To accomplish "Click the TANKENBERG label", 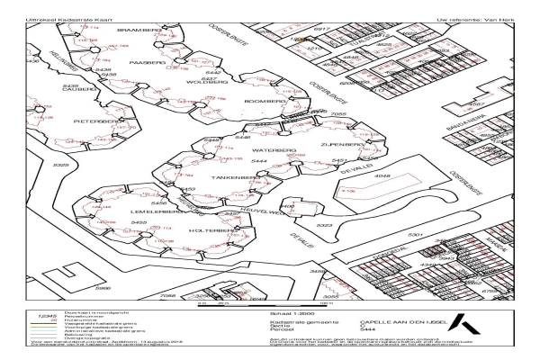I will (229, 177).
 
